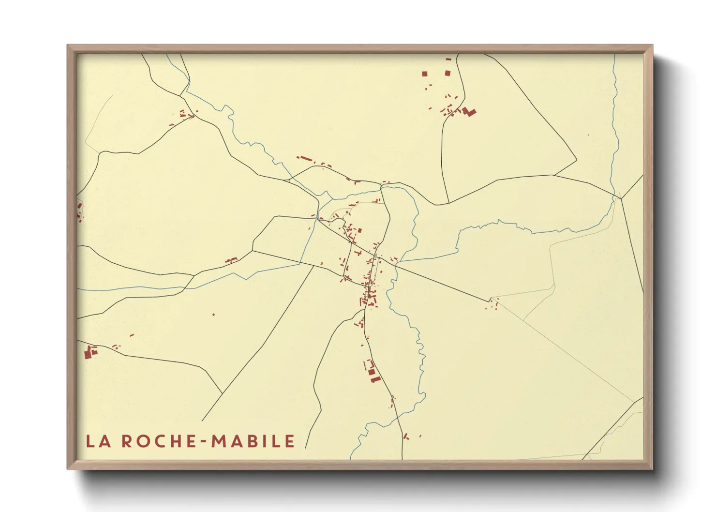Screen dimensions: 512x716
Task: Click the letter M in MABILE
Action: pyautogui.click(x=219, y=441)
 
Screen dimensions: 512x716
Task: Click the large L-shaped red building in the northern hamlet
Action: pyautogui.click(x=469, y=112)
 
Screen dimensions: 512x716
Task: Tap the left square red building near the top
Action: pyautogui.click(x=425, y=74)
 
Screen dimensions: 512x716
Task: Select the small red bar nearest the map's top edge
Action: pyautogui.click(x=448, y=59)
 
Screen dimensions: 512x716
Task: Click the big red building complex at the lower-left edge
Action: pyautogui.click(x=89, y=353)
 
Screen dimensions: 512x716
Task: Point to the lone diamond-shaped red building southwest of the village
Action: pyautogui.click(x=213, y=315)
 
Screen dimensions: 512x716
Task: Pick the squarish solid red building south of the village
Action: pyautogui.click(x=372, y=372)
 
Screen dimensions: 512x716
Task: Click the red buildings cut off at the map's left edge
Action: pyautogui.click(x=79, y=211)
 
